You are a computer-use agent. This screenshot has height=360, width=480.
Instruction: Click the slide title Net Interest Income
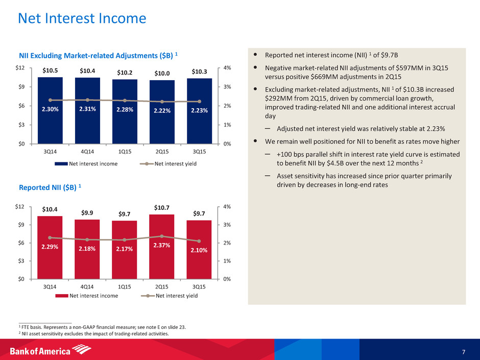tap(82, 19)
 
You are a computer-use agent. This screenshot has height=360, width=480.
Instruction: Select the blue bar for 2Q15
tap(162, 123)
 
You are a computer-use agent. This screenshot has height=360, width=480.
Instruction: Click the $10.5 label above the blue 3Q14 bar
tap(50, 70)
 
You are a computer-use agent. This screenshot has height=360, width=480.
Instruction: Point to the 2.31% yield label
tap(87, 108)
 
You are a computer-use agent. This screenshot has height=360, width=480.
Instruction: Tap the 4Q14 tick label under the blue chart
tap(87, 152)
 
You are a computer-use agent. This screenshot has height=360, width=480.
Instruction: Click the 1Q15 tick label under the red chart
tap(125, 287)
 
